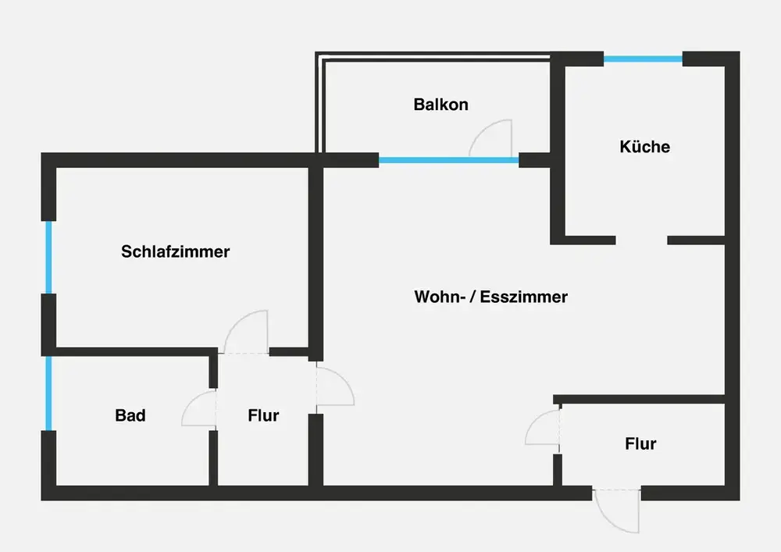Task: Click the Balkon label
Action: coord(440,105)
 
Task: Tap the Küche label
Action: coord(644,146)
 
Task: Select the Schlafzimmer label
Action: coord(175,251)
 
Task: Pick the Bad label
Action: coord(130,415)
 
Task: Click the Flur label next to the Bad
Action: coord(263,415)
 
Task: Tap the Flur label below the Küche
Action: coord(640,443)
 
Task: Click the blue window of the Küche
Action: coord(644,58)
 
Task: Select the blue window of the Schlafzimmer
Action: coord(48,258)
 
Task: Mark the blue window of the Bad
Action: coord(48,393)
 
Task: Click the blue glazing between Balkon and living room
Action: coord(448,161)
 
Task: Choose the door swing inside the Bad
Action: coord(199,408)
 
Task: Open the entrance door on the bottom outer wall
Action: coord(617,511)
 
